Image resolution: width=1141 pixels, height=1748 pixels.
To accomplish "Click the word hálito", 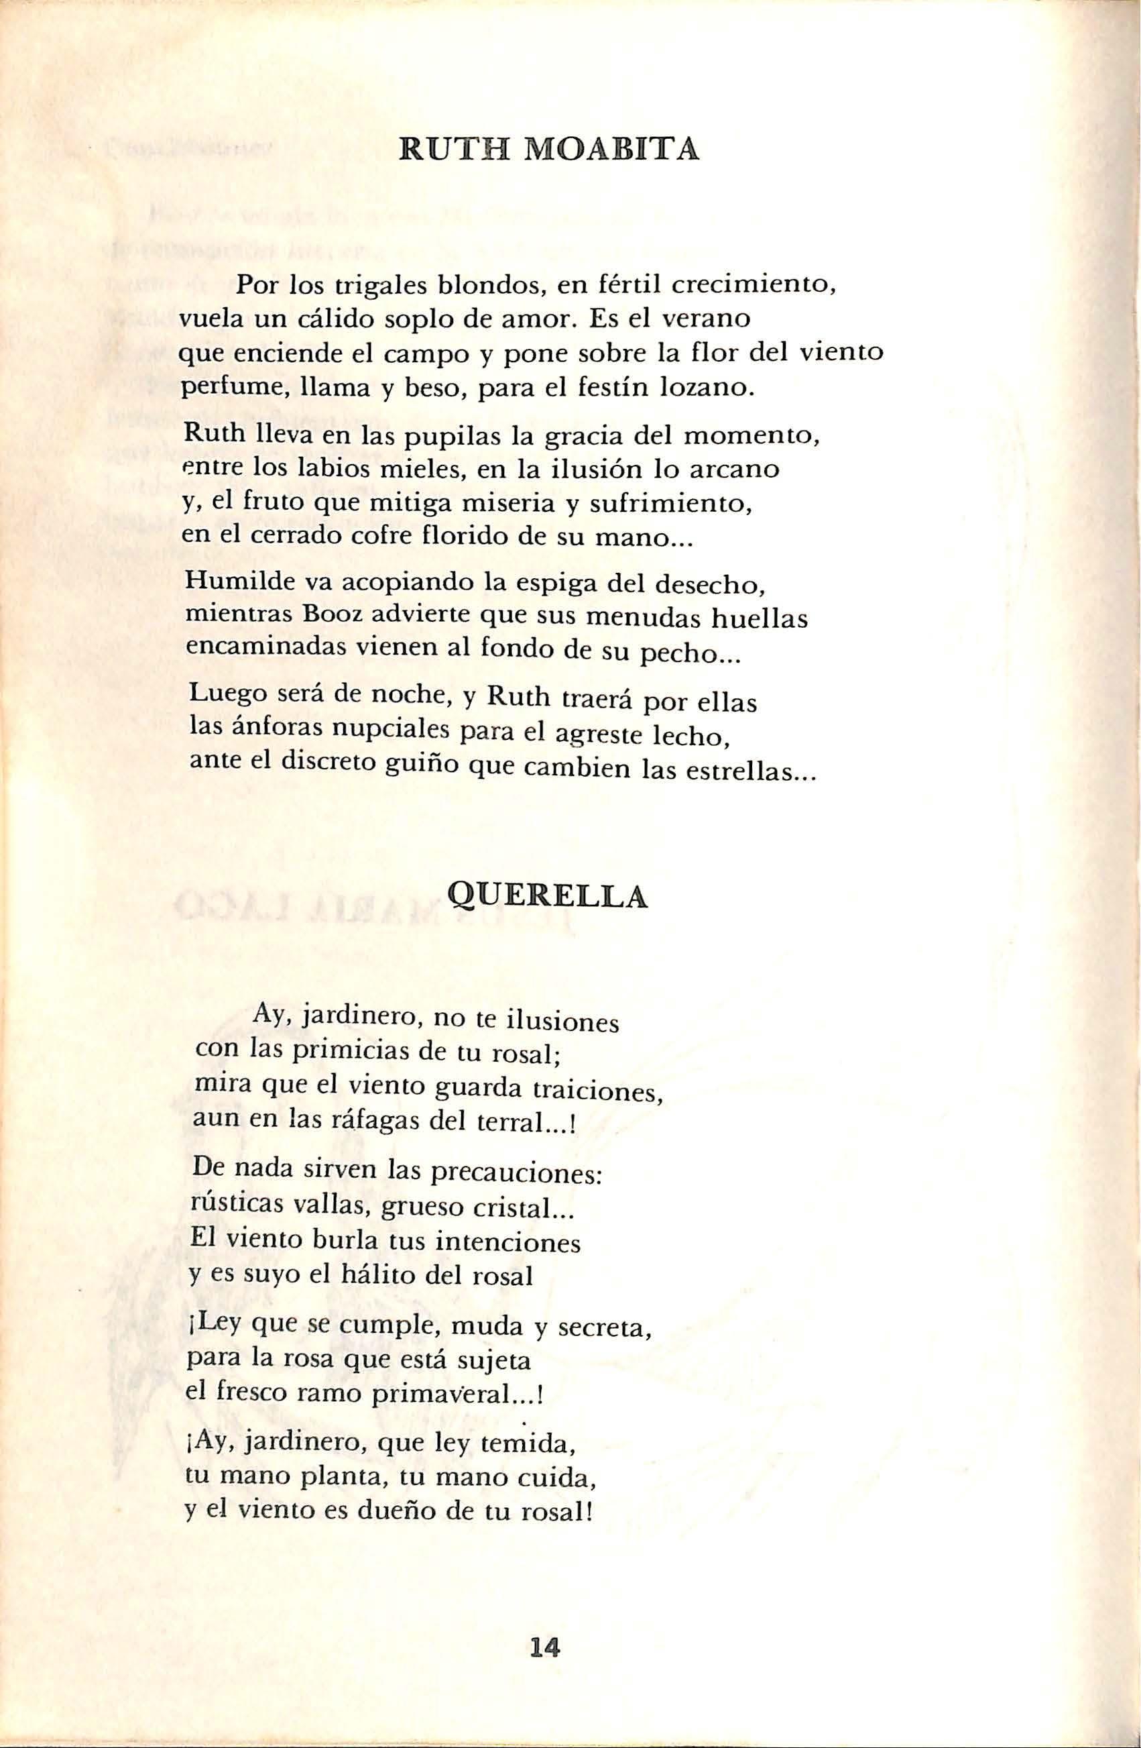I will pyautogui.click(x=371, y=1276).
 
